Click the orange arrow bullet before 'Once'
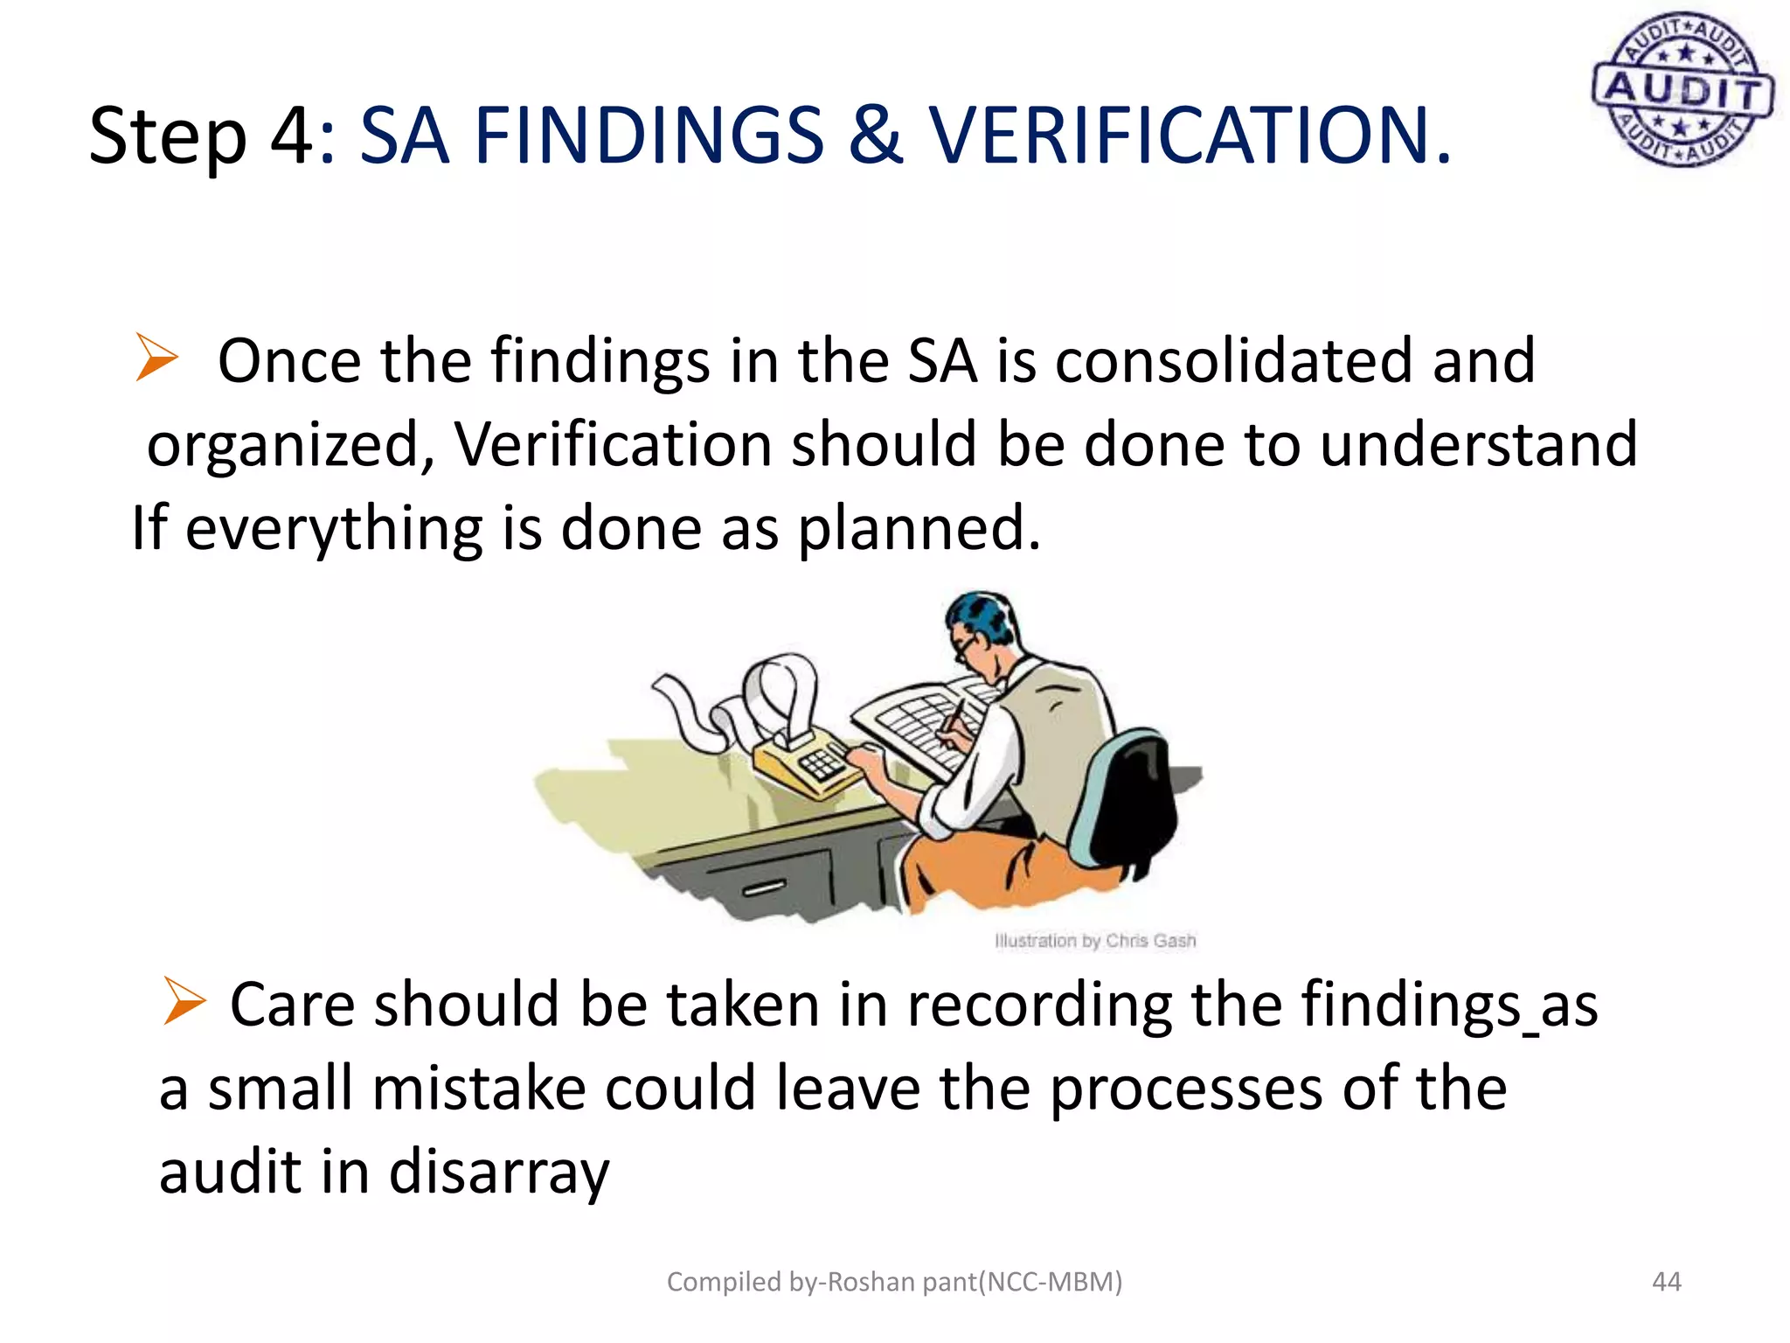pyautogui.click(x=156, y=358)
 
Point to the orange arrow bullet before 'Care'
pyautogui.click(x=184, y=1002)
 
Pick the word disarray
pyautogui.click(x=498, y=1173)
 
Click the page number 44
pyautogui.click(x=1666, y=1282)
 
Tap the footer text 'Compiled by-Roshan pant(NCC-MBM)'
pyautogui.click(x=894, y=1282)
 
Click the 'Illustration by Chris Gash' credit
pyautogui.click(x=1094, y=941)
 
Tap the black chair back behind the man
pyautogui.click(x=1132, y=804)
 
